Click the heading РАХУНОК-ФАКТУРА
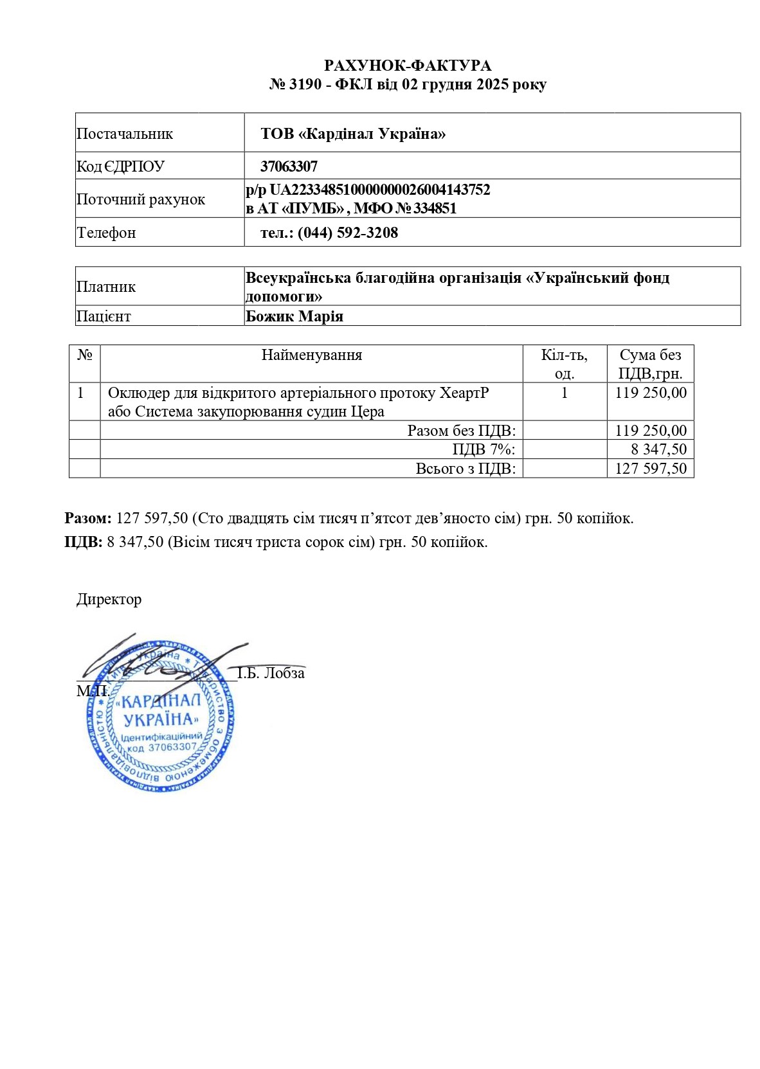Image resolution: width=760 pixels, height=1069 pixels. (408, 66)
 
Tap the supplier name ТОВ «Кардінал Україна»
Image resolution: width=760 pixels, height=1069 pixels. (353, 134)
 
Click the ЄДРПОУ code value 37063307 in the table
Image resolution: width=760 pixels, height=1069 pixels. (289, 166)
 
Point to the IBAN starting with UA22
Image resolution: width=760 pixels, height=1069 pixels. (379, 190)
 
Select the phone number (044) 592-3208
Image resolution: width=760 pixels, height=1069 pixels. (347, 233)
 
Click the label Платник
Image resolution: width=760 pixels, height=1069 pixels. (106, 287)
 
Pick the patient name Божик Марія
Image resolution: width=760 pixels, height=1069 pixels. (294, 316)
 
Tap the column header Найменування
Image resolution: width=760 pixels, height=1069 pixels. (312, 355)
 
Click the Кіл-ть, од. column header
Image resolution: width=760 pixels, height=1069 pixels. (564, 364)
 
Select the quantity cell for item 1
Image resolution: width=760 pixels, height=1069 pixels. (565, 393)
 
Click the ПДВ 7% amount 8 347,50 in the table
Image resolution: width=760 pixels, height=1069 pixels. (658, 449)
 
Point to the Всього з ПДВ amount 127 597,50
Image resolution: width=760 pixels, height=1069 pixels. (651, 469)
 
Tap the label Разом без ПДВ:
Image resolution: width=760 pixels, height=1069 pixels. (461, 431)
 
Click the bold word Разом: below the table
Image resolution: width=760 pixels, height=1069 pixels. (88, 518)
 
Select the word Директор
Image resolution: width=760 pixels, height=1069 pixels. (109, 599)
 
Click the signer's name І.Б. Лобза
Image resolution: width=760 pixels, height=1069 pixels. (271, 673)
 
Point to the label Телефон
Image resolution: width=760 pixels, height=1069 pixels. (106, 233)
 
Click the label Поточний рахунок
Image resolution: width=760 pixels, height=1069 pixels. (141, 199)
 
